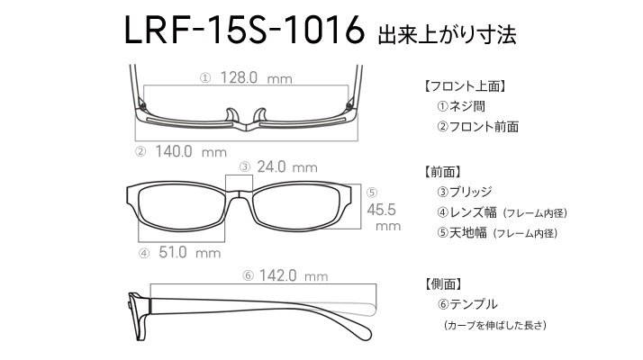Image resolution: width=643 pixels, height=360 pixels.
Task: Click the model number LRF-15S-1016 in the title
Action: coord(244,30)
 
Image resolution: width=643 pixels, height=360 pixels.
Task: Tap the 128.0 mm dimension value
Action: coord(257,77)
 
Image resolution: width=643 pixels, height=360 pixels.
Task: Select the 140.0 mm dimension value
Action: coord(191,151)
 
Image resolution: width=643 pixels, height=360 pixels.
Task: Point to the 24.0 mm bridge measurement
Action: coord(287,166)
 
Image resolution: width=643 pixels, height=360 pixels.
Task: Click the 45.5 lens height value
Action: coord(381,210)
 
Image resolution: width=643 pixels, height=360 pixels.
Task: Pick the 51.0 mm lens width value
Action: coord(189,252)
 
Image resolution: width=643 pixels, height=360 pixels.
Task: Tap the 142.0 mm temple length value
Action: coord(294,275)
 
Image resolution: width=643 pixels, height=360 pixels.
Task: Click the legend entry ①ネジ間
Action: coord(461,106)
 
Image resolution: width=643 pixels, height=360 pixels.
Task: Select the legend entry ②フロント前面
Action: coord(477,126)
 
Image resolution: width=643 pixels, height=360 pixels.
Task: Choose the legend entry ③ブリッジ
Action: coord(464,192)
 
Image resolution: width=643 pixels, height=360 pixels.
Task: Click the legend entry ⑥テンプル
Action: coord(467,304)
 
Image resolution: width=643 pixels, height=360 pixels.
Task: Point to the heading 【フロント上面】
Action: coord(465,86)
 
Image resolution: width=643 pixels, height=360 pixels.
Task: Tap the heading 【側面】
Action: coord(443,283)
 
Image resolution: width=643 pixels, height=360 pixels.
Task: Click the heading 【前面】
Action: coord(443,171)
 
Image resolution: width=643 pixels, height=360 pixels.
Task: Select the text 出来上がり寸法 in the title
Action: coord(447,35)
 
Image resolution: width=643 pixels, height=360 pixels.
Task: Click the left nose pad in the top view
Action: coord(231,115)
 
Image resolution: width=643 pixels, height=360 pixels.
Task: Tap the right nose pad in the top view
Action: coord(260,115)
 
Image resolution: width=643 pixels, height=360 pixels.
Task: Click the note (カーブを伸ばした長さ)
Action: coord(495,325)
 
